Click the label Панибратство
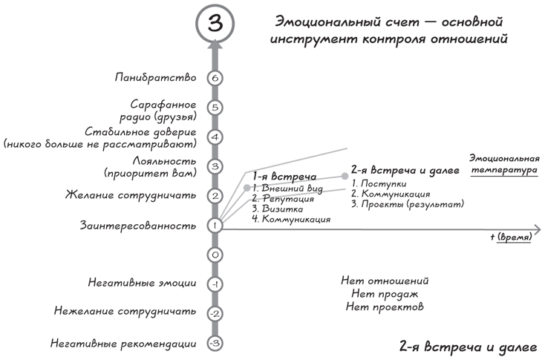tap(155, 77)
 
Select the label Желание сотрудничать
tap(131, 195)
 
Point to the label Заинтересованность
tap(138, 226)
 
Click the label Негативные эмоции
tap(142, 283)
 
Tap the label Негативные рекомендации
tap(123, 344)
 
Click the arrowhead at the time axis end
tap(538, 229)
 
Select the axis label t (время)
tap(511, 237)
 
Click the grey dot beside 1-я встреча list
tap(247, 188)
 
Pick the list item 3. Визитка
tap(278, 209)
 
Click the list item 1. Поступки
tap(379, 183)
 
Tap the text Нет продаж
tap(385, 294)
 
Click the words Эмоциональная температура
tap(504, 164)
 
